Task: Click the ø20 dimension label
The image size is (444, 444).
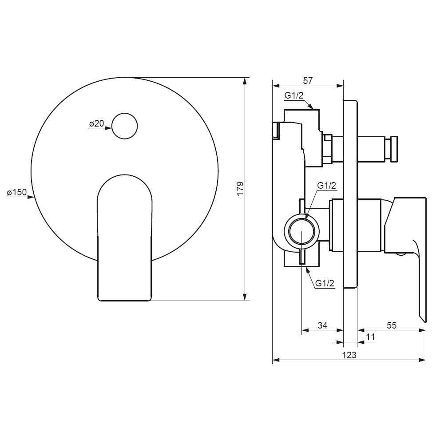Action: (x=96, y=123)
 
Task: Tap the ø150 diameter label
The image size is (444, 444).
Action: (x=17, y=193)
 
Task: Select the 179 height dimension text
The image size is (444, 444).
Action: (x=240, y=189)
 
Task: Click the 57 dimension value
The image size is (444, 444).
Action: (x=308, y=81)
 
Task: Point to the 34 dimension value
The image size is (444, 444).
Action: (x=322, y=325)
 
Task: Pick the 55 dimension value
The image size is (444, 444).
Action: (x=391, y=325)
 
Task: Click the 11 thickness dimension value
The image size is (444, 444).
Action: (x=371, y=337)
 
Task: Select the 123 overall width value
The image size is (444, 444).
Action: (x=349, y=355)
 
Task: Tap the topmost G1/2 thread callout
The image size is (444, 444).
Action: (x=294, y=95)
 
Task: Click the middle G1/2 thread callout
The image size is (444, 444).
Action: (x=326, y=186)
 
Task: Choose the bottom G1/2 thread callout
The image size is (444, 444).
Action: (x=325, y=283)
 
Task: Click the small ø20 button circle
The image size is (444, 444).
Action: (x=125, y=126)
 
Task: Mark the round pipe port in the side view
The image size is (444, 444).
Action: (x=301, y=232)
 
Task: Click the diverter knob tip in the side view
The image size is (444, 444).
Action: (x=394, y=149)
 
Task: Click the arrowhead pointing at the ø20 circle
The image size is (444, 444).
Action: (x=108, y=128)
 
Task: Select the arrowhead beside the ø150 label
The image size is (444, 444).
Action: (x=31, y=197)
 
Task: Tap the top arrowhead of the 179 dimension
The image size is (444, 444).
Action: (x=245, y=81)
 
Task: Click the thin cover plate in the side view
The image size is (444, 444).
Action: (x=350, y=194)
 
